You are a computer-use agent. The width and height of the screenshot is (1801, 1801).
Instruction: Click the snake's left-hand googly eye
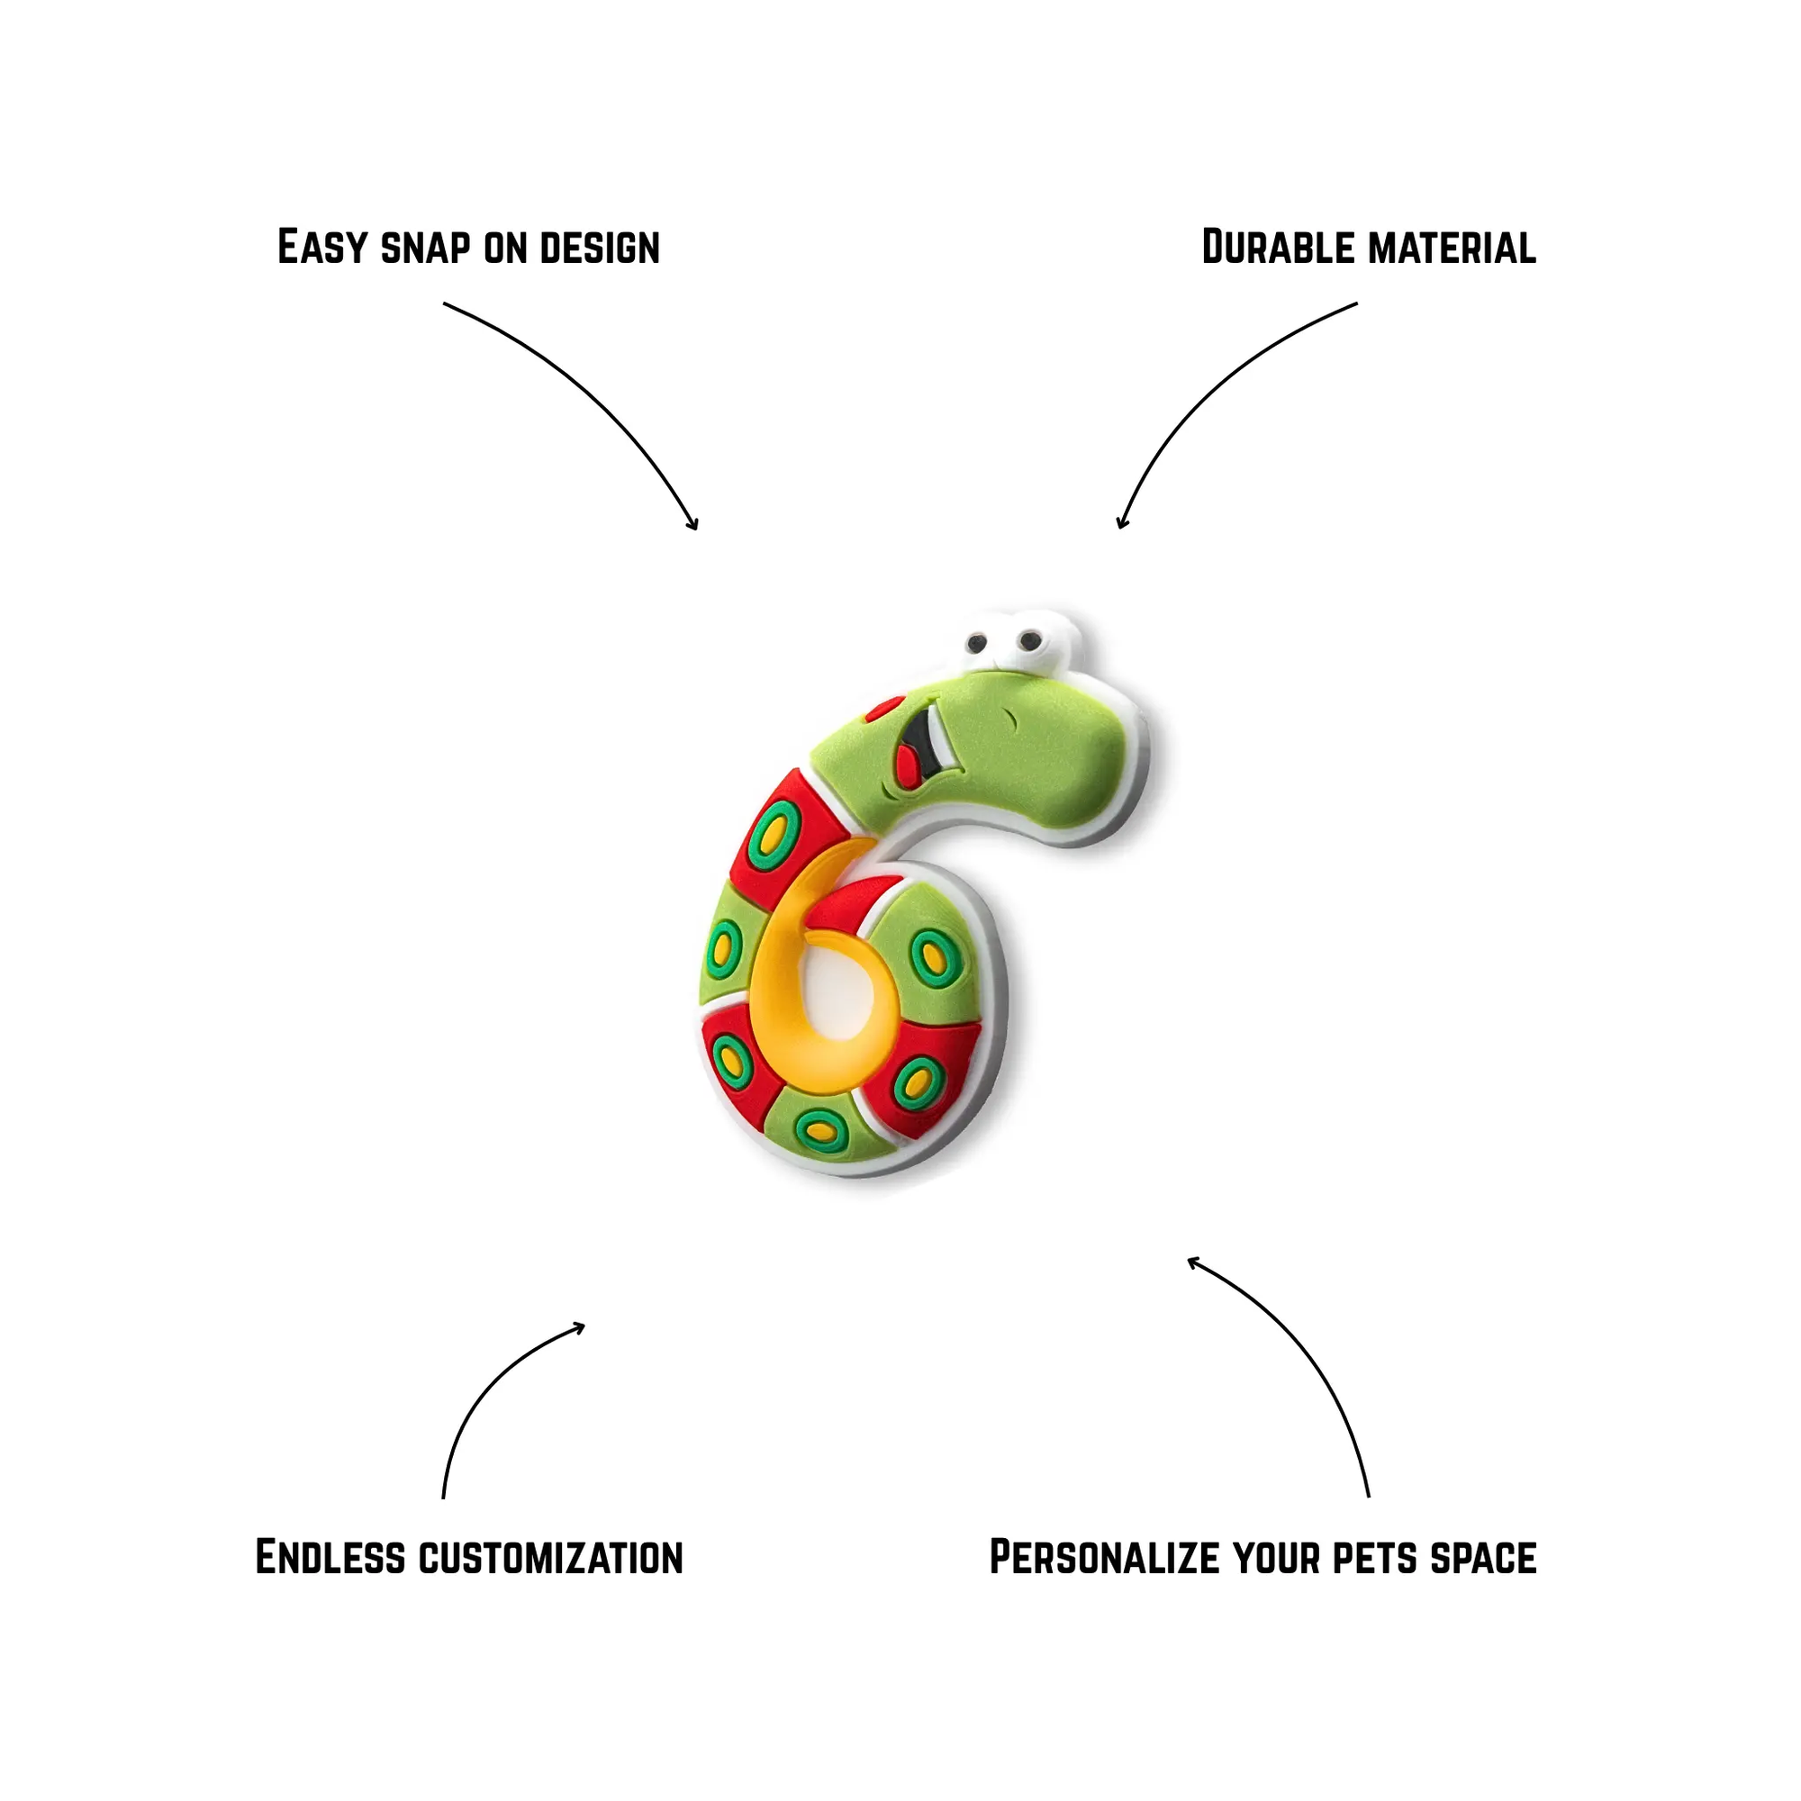[x=977, y=641]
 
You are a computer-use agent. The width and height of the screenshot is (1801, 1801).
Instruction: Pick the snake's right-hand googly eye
[x=1029, y=640]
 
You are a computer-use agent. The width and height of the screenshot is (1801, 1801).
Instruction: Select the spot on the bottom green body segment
[x=819, y=1129]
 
